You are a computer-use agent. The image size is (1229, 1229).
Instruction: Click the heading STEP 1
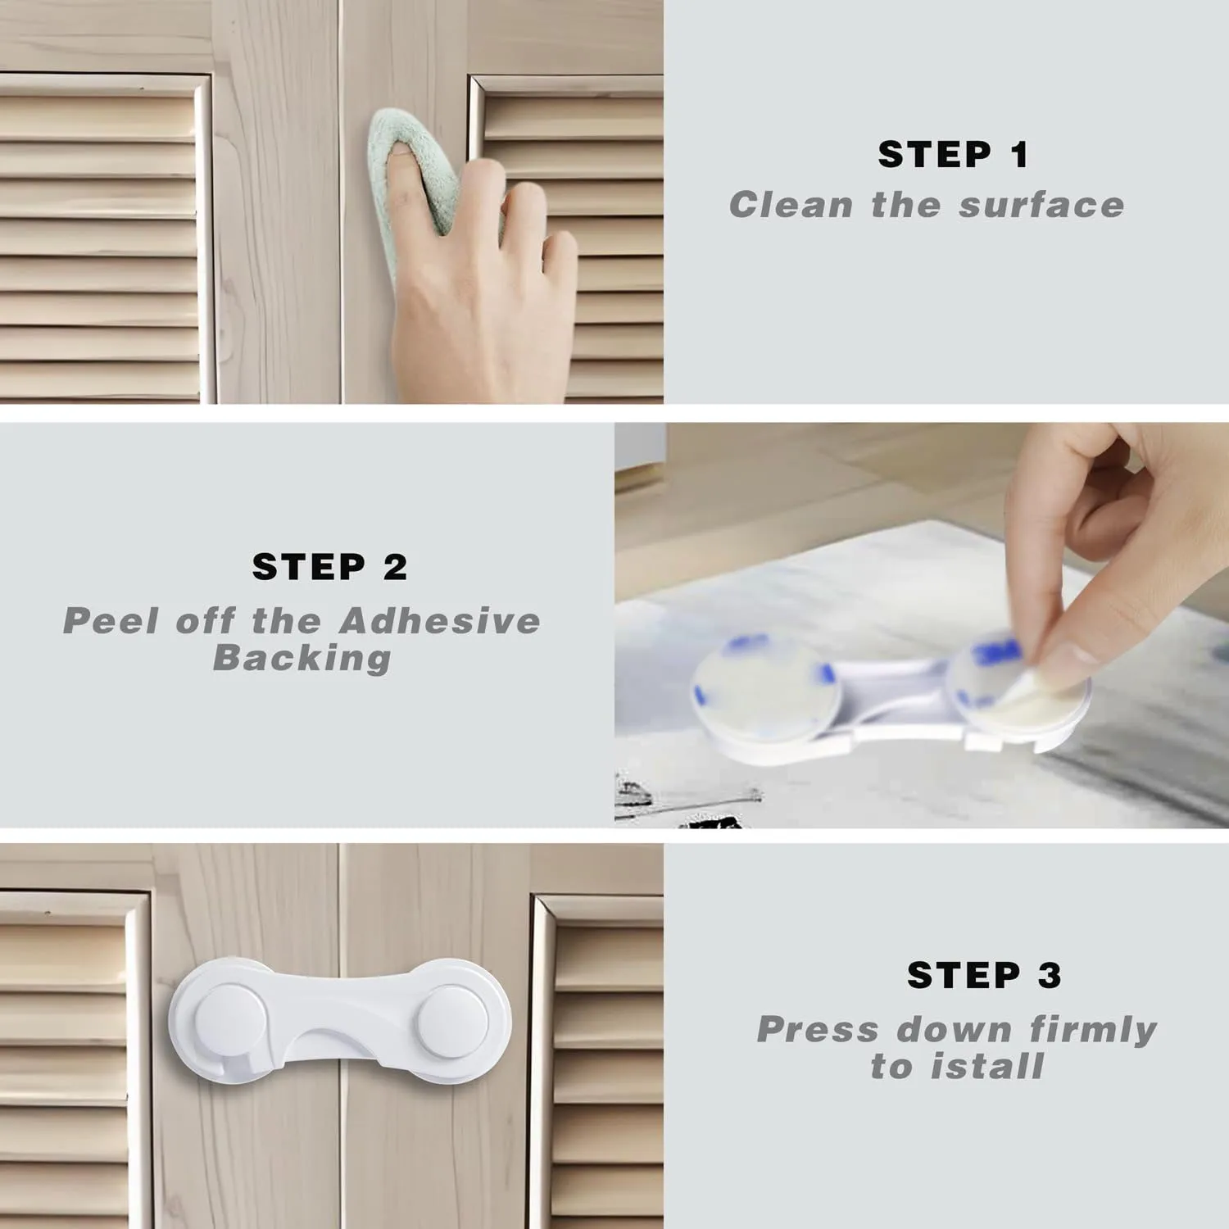[x=953, y=154]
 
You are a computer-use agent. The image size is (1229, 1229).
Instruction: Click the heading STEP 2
[x=329, y=566]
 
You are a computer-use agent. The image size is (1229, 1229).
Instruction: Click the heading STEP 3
[x=984, y=974]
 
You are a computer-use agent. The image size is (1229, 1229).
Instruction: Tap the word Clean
[x=791, y=205]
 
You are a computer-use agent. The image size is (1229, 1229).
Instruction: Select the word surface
[x=1042, y=205]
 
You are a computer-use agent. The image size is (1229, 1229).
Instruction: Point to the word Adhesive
[x=440, y=620]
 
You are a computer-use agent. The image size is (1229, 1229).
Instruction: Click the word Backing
[x=302, y=659]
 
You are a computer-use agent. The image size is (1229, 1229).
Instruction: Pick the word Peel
[x=111, y=620]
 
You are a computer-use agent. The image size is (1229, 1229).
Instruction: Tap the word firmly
[x=1093, y=1030]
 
